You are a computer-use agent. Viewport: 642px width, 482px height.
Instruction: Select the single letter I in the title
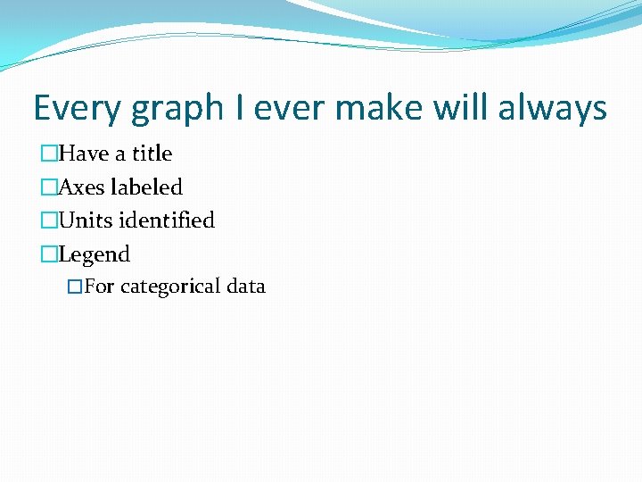click(x=240, y=109)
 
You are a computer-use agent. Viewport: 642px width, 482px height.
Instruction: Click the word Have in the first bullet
click(x=84, y=154)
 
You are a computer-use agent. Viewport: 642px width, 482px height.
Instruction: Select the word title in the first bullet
click(x=152, y=154)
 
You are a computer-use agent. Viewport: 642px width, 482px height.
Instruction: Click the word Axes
click(x=81, y=187)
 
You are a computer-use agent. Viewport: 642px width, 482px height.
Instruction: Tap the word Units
click(x=86, y=220)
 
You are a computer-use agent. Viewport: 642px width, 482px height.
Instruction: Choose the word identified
click(x=168, y=220)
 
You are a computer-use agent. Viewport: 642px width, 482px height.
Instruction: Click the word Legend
click(x=94, y=255)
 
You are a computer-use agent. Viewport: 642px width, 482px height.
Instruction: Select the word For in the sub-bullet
click(x=99, y=287)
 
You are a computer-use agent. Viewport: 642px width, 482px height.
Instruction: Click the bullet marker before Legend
click(x=48, y=255)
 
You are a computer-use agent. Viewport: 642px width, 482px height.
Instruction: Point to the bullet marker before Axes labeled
click(x=48, y=187)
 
